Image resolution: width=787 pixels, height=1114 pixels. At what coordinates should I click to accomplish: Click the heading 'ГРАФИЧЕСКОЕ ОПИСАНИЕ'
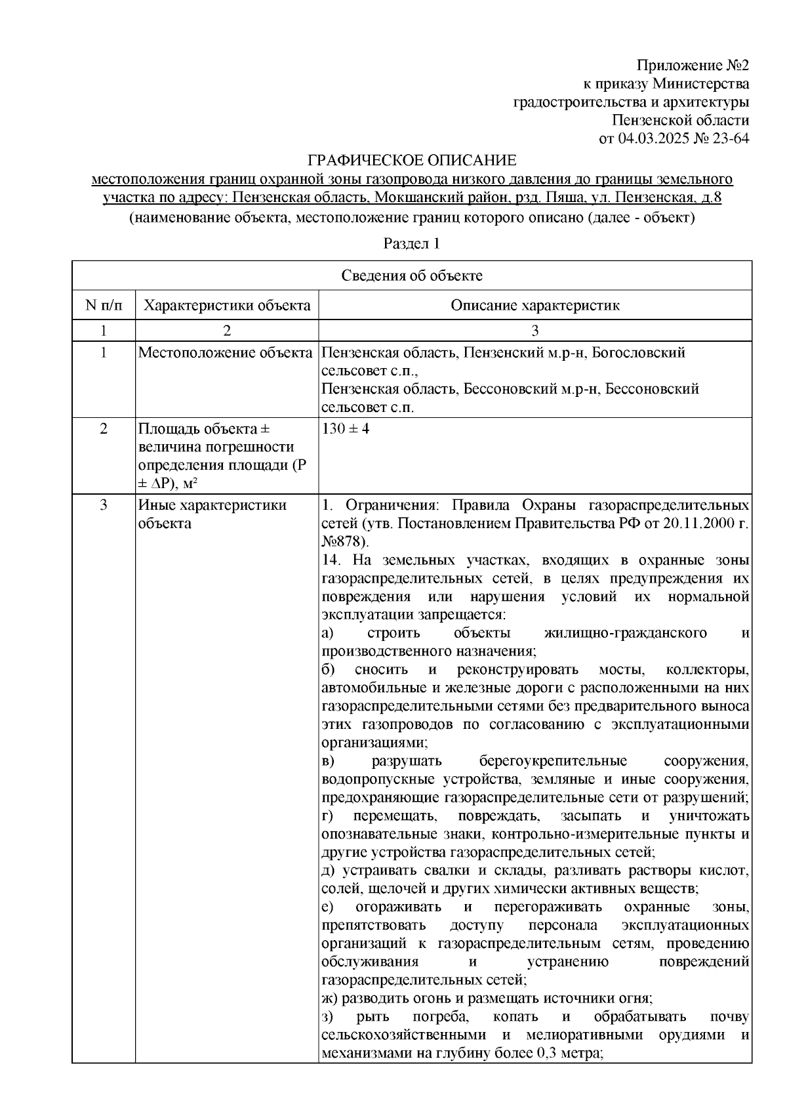[413, 160]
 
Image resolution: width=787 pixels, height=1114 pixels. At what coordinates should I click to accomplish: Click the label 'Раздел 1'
[411, 244]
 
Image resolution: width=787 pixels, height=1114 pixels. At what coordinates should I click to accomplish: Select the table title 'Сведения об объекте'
[411, 276]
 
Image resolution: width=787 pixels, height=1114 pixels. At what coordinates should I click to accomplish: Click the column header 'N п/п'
[103, 305]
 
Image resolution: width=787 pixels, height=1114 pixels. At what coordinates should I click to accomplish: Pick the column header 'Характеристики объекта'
[227, 305]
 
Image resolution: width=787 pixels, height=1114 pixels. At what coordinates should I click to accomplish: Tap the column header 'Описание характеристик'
[535, 305]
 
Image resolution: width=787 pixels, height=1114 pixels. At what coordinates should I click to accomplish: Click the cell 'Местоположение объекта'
[225, 353]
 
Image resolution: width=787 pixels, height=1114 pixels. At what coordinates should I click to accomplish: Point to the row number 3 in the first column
[103, 505]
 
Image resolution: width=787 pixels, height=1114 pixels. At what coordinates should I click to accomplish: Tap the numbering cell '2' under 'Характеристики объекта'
[227, 330]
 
